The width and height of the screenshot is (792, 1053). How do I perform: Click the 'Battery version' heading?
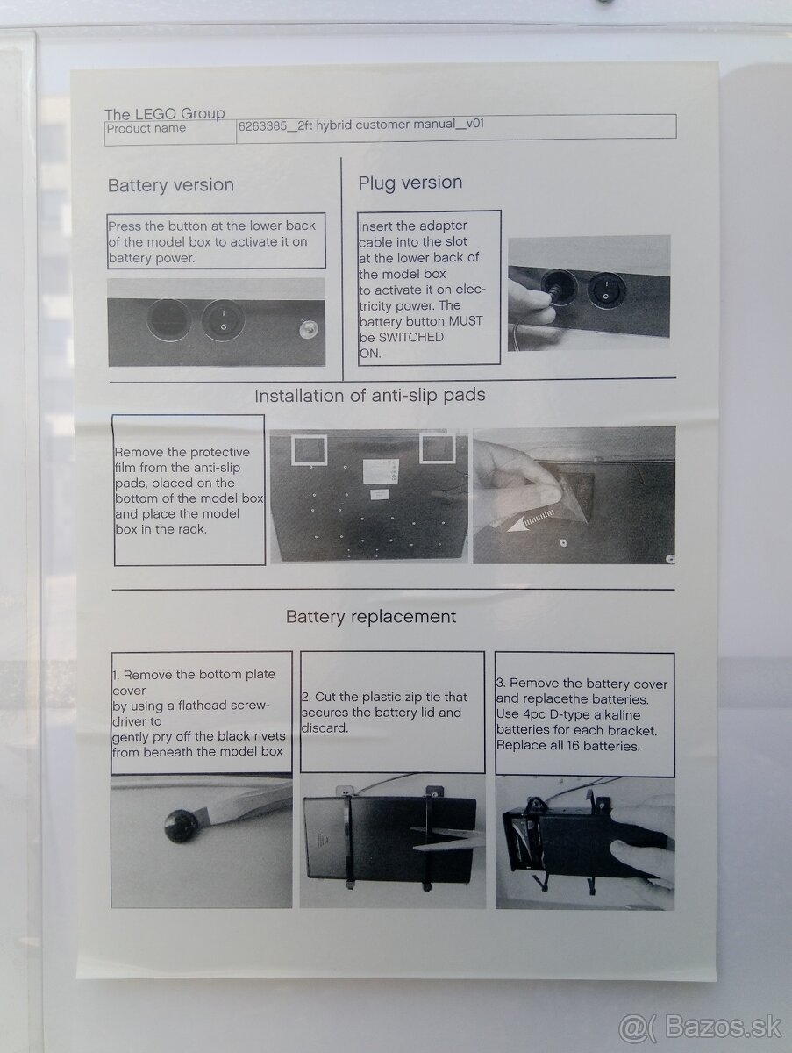pyautogui.click(x=171, y=185)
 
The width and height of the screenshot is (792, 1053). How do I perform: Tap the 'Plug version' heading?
pyautogui.click(x=410, y=183)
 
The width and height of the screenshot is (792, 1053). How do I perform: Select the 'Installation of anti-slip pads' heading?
pyautogui.click(x=369, y=396)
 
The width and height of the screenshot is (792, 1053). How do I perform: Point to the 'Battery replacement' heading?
pyautogui.click(x=371, y=617)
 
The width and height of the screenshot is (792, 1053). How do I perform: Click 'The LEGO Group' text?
pyautogui.click(x=164, y=114)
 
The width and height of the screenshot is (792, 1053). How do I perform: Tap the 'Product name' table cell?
pyautogui.click(x=170, y=130)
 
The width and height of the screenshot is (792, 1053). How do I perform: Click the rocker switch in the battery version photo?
pyautogui.click(x=223, y=319)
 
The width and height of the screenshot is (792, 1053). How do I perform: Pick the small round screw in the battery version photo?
pyautogui.click(x=308, y=330)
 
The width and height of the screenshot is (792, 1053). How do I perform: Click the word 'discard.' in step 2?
pyautogui.click(x=325, y=728)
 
